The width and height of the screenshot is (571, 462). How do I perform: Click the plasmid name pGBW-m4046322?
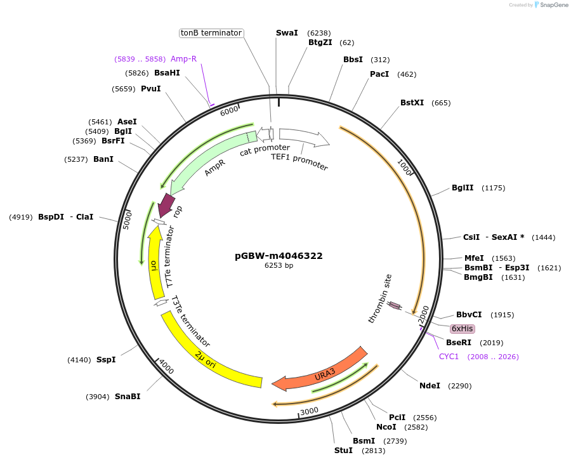pyautogui.click(x=279, y=256)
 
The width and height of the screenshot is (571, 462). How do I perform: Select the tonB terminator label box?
pyautogui.click(x=211, y=32)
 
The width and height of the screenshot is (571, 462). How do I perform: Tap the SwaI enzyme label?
pyautogui.click(x=287, y=32)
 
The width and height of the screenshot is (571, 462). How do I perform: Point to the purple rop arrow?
pyautogui.click(x=167, y=204)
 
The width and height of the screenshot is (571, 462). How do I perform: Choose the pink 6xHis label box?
pyautogui.click(x=462, y=328)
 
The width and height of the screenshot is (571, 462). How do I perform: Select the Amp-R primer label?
pyautogui.click(x=183, y=59)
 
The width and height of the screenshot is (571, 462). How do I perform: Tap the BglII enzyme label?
pyautogui.click(x=463, y=187)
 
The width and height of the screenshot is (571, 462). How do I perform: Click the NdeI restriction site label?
pyautogui.click(x=430, y=385)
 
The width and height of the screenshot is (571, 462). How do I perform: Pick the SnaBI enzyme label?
pyautogui.click(x=128, y=397)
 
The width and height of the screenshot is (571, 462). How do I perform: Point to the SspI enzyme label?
pyautogui.click(x=106, y=360)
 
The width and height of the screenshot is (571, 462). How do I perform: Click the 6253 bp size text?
pyautogui.click(x=279, y=266)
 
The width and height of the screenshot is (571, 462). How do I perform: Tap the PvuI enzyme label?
pyautogui.click(x=150, y=89)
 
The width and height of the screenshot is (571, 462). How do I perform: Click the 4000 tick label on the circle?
pyautogui.click(x=166, y=367)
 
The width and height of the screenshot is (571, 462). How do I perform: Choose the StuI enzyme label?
pyautogui.click(x=343, y=451)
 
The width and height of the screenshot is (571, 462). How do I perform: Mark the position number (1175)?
pyautogui.click(x=494, y=188)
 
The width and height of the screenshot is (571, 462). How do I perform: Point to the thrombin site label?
pyautogui.click(x=380, y=298)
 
